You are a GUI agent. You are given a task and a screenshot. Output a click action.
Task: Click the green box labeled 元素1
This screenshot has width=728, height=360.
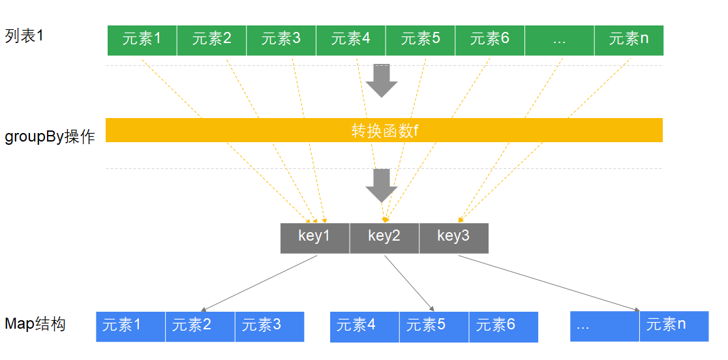[x=142, y=40]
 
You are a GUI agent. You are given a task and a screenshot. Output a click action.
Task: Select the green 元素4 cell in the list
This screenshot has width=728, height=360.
[x=350, y=40]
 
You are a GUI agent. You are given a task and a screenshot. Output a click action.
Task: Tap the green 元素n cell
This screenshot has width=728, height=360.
[x=628, y=40]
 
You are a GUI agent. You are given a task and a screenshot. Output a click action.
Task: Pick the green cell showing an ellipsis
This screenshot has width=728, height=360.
[x=559, y=40]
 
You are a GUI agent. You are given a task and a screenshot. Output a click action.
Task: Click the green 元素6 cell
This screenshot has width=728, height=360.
[x=489, y=40]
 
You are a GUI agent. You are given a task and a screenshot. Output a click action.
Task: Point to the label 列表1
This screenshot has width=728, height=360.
[x=24, y=35]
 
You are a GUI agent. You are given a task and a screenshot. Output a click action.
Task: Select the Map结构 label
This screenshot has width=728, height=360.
[x=35, y=324]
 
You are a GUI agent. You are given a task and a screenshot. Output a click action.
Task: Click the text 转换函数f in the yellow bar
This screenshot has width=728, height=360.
[x=384, y=130]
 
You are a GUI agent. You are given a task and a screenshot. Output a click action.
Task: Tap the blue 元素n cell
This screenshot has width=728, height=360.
[x=674, y=325]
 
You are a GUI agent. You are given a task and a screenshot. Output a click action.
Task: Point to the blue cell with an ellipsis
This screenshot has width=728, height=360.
[x=605, y=325]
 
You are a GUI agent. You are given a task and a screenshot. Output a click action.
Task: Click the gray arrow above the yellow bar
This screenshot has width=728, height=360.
[x=381, y=80]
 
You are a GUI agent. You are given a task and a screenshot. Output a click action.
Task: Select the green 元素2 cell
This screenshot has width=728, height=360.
[x=211, y=40]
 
